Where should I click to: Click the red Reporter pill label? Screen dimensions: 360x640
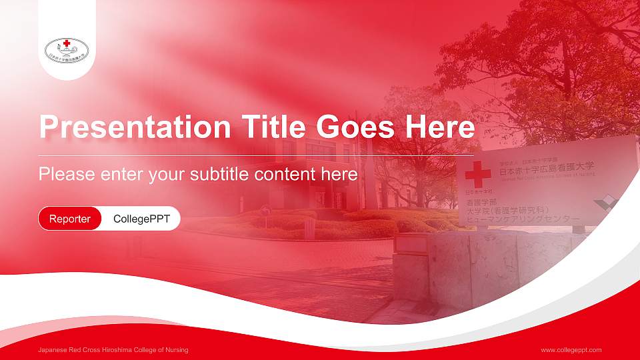(70, 219)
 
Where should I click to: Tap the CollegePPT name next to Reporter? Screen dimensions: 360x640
(141, 219)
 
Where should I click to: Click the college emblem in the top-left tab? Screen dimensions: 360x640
(67, 48)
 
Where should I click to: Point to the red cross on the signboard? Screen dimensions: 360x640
(477, 175)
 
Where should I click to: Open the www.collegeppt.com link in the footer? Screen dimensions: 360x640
(571, 350)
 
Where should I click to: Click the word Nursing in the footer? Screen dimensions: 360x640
(177, 350)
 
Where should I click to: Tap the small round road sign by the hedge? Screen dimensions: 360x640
(265, 211)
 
